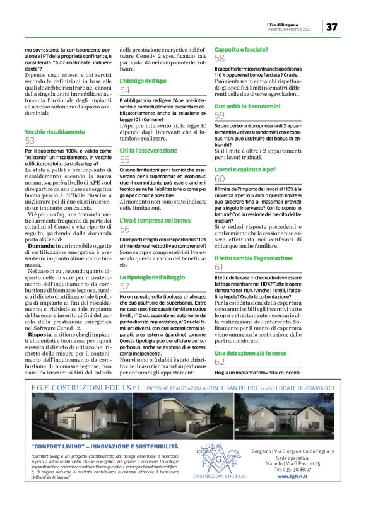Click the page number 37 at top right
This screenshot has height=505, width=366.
[332, 27]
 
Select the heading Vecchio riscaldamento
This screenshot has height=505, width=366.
[54, 131]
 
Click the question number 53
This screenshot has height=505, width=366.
[30, 141]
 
